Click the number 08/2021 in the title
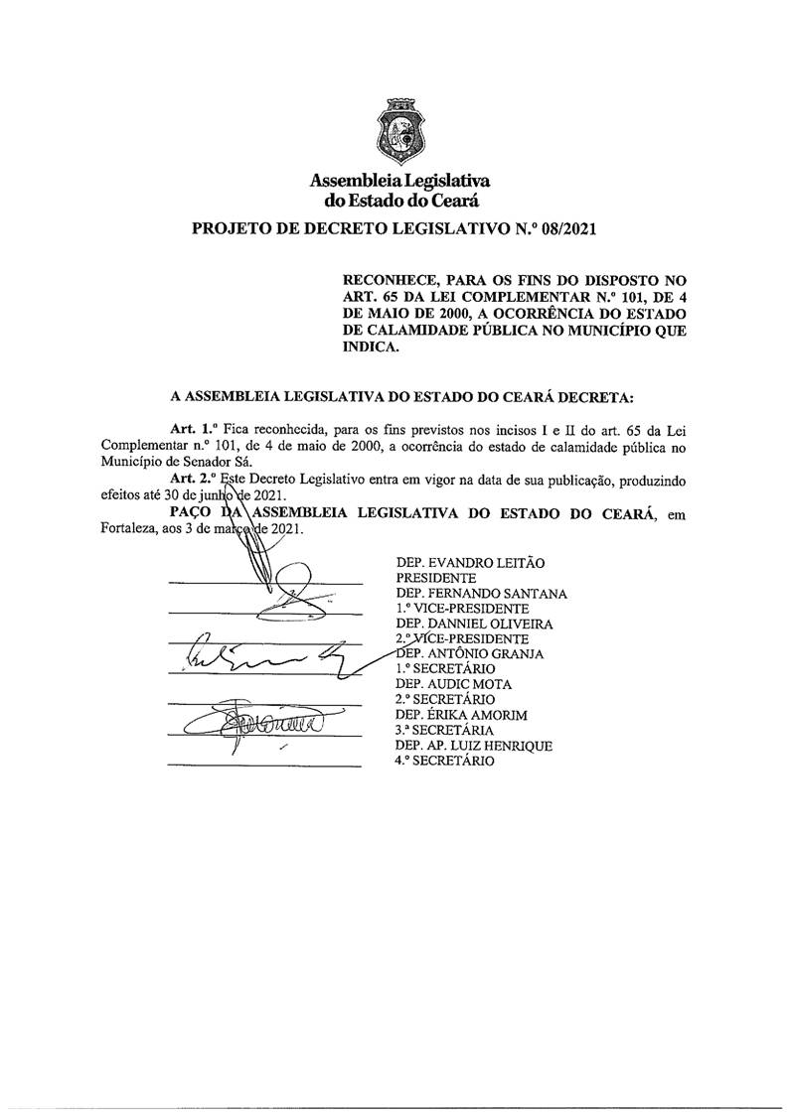point(560,230)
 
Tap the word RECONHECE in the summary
point(390,281)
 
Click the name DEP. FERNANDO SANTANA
point(481,594)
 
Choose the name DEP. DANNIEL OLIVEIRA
point(476,624)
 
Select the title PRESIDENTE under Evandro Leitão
point(435,578)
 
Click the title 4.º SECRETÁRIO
point(444,761)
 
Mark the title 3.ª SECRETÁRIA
point(443,730)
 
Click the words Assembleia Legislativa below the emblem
point(400,182)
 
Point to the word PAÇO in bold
point(193,512)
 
